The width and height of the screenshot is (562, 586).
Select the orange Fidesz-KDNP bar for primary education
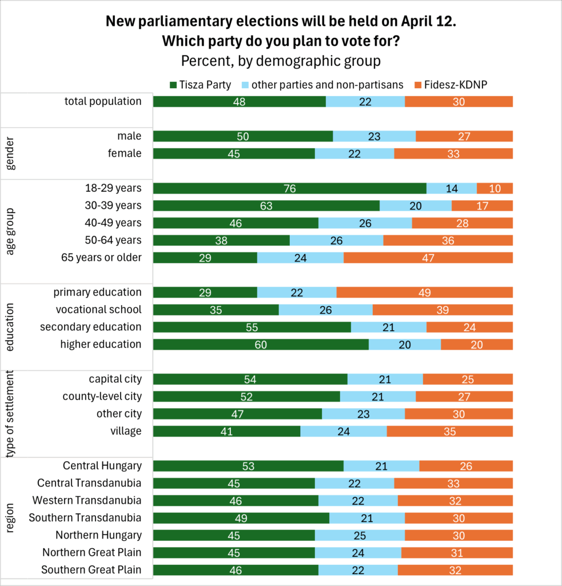pyautogui.click(x=424, y=292)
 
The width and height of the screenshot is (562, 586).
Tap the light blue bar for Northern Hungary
pyautogui.click(x=360, y=536)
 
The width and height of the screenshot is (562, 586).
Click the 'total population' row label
pyautogui.click(x=111, y=101)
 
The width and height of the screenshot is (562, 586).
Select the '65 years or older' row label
pyautogui.click(x=101, y=257)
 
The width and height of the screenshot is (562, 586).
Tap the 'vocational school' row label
pyautogui.click(x=98, y=310)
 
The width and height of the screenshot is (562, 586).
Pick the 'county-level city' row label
pyautogui.click(x=102, y=396)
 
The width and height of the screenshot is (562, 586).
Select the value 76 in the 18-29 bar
pyautogui.click(x=290, y=188)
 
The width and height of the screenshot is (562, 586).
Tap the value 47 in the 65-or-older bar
pyautogui.click(x=428, y=258)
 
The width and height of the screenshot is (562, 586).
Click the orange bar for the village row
pyautogui.click(x=449, y=431)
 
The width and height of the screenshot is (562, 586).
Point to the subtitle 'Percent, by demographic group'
pyautogui.click(x=281, y=61)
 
